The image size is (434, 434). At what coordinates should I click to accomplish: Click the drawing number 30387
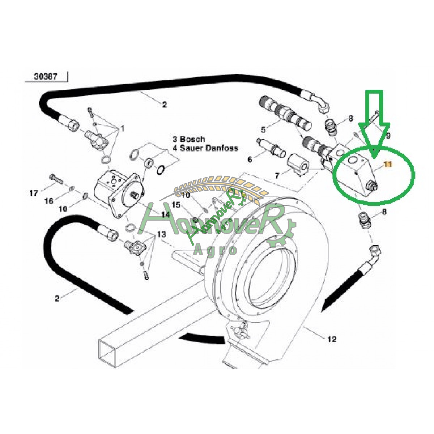pyautogui.click(x=46, y=77)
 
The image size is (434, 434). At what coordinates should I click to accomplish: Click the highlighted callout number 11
pyautogui.click(x=388, y=164)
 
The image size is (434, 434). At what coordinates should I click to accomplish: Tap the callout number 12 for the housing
pyautogui.click(x=332, y=339)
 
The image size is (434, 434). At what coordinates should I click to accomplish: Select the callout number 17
pyautogui.click(x=34, y=193)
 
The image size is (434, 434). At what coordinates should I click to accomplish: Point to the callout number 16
pyautogui.click(x=49, y=201)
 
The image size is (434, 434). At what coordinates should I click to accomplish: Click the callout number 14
pyautogui.click(x=165, y=214)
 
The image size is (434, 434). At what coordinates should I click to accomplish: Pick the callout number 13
pyautogui.click(x=161, y=234)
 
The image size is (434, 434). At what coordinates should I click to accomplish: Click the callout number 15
pyautogui.click(x=176, y=205)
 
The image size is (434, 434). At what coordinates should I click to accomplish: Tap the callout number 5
pyautogui.click(x=264, y=129)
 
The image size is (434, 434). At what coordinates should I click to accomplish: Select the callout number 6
pyautogui.click(x=250, y=159)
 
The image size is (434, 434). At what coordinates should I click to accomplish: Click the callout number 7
pyautogui.click(x=277, y=176)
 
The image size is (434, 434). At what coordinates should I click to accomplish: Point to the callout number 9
pyautogui.click(x=388, y=136)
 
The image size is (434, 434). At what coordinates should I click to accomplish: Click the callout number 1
pyautogui.click(x=123, y=128)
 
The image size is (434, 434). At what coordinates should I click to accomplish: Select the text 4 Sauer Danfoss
pyautogui.click(x=205, y=148)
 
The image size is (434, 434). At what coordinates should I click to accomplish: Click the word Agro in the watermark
pyautogui.click(x=215, y=250)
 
